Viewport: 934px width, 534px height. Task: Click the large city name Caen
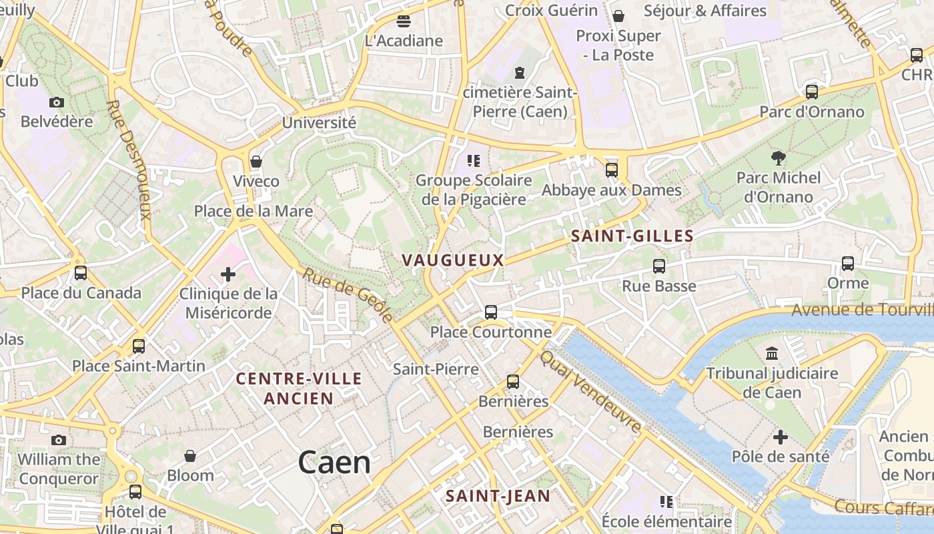[x=334, y=462]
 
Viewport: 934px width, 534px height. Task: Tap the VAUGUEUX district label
[x=452, y=260]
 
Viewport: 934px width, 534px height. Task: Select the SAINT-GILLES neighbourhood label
[x=632, y=236]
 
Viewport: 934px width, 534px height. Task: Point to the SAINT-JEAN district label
[x=498, y=496]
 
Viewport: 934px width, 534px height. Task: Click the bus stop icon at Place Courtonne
[x=491, y=312]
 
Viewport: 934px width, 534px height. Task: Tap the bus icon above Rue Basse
[x=659, y=266]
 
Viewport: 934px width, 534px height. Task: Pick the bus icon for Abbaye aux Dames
[x=612, y=170]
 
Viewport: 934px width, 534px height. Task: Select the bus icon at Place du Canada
[x=81, y=272]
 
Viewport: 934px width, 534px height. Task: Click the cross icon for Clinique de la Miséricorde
[x=228, y=274]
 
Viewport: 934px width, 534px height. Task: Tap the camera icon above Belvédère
[x=57, y=102]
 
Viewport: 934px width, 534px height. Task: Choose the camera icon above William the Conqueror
[x=59, y=440]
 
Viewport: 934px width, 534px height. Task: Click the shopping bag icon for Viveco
[x=256, y=162]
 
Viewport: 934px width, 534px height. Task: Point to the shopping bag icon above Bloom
[x=190, y=456]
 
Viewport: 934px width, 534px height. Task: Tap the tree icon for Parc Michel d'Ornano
[x=778, y=158]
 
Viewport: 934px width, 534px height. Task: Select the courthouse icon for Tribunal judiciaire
[x=772, y=353]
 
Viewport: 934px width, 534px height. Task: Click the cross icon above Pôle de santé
[x=780, y=437]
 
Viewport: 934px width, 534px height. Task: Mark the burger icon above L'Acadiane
[x=404, y=21]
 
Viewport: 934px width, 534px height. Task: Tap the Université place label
[x=319, y=123]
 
